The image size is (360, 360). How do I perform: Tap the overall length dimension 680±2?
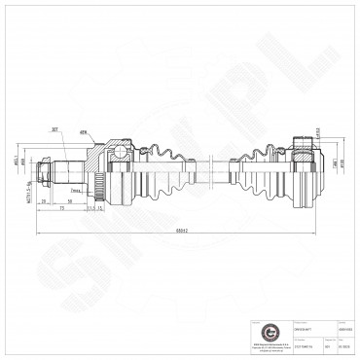pos(175,231)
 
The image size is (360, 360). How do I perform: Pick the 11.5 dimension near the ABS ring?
pos(97,207)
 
